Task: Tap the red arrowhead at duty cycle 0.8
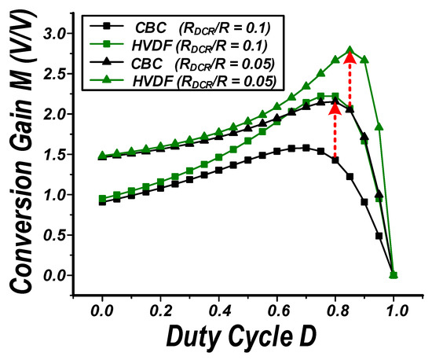[x=335, y=105]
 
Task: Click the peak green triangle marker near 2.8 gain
[x=350, y=50]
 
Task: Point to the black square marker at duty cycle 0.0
[x=102, y=202]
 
